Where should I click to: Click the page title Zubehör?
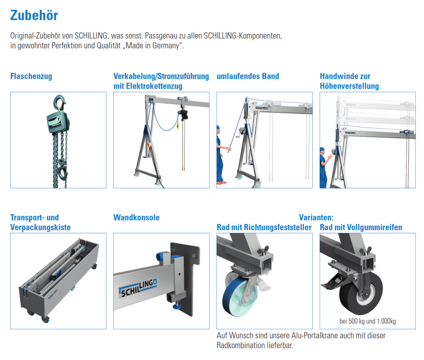(x=34, y=15)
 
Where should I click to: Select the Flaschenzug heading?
(x=31, y=76)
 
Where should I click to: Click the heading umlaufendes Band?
(x=248, y=76)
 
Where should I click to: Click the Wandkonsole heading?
(x=136, y=217)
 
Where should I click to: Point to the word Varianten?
(x=316, y=217)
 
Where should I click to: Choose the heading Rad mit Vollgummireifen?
(x=361, y=227)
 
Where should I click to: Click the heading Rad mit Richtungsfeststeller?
(x=264, y=227)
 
